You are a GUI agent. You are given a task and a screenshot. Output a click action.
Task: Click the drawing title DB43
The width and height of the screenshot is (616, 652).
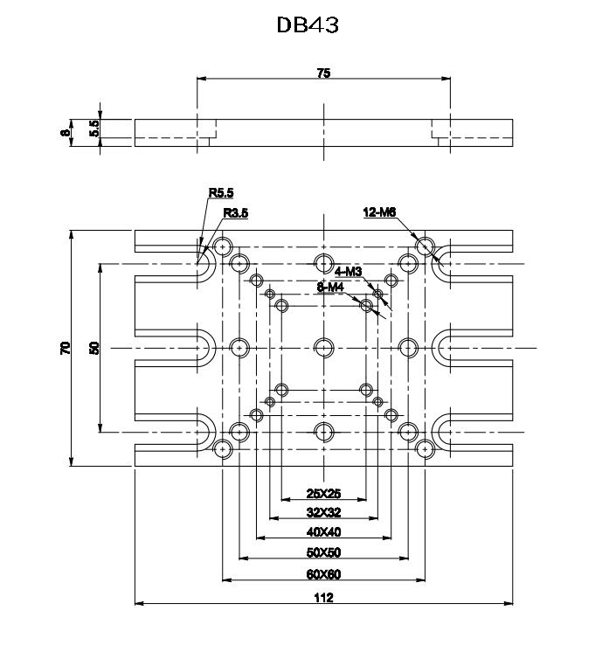tap(308, 25)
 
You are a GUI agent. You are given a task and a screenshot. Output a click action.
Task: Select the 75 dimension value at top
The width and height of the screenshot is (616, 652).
tap(323, 74)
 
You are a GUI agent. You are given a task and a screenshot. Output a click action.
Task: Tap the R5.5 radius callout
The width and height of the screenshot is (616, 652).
tap(221, 193)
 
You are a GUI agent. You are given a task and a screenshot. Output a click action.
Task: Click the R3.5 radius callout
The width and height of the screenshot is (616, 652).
tap(237, 213)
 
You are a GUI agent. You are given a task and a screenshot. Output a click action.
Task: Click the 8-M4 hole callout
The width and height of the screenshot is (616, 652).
tap(331, 287)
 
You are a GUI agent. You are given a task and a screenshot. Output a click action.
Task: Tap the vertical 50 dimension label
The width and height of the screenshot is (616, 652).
tap(95, 348)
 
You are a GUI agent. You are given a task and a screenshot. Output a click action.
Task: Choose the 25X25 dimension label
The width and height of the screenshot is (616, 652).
tap(323, 494)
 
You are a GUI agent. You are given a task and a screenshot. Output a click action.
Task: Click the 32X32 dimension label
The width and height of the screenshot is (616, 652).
tap(323, 513)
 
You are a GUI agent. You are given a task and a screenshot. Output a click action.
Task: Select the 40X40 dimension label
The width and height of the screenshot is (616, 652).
tap(323, 533)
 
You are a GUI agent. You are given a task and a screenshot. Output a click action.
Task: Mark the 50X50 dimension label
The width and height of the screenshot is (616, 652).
tap(323, 553)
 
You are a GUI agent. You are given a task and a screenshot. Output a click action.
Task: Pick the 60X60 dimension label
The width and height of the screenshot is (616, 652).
tap(323, 574)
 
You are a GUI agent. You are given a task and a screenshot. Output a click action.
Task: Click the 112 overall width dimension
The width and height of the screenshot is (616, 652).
tap(323, 598)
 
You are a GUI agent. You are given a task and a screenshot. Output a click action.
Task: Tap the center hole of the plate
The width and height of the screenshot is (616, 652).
tap(323, 347)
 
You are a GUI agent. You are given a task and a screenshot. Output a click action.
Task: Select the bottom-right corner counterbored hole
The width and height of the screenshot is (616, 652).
tap(424, 449)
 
